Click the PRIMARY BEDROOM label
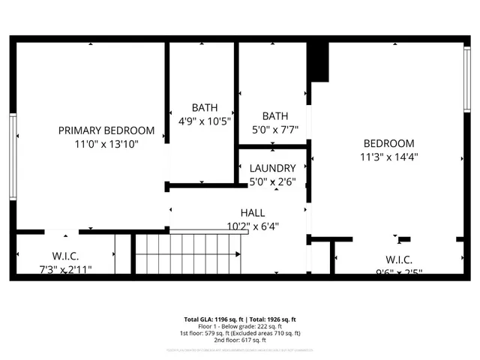[x=106, y=130]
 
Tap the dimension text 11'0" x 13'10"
[x=106, y=143]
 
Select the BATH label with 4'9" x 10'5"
[x=204, y=107]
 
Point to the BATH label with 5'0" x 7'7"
[x=275, y=115]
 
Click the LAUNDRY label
[x=272, y=168]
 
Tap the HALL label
[x=252, y=212]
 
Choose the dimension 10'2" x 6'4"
[x=252, y=225]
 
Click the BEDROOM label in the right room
[x=388, y=143]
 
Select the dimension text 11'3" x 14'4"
[x=388, y=157]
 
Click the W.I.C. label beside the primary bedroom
[x=66, y=256]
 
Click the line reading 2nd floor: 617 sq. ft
[x=240, y=340]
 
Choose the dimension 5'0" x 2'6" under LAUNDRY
[x=272, y=181]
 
